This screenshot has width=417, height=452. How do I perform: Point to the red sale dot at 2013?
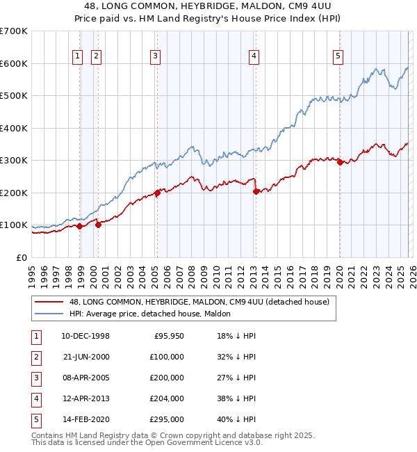tap(255, 191)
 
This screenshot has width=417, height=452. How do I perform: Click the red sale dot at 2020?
tap(340, 162)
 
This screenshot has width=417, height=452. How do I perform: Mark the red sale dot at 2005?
tap(157, 193)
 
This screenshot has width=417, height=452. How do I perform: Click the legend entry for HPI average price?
tap(150, 314)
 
